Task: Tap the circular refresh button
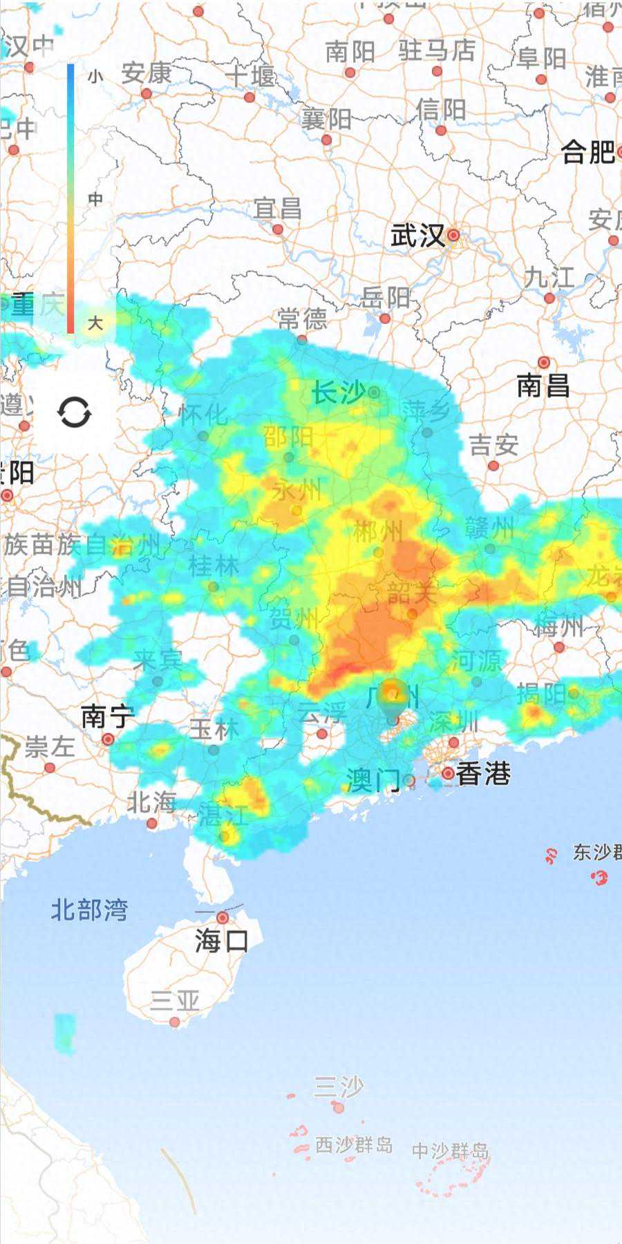pyautogui.click(x=74, y=413)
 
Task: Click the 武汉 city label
pyautogui.click(x=417, y=236)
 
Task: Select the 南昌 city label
pyautogui.click(x=543, y=386)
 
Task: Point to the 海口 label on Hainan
pyautogui.click(x=221, y=941)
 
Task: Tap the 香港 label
pyautogui.click(x=483, y=774)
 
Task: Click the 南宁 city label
pyautogui.click(x=107, y=717)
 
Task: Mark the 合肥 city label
pyautogui.click(x=587, y=152)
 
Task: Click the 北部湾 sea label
pyautogui.click(x=90, y=910)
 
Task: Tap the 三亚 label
pyautogui.click(x=175, y=1000)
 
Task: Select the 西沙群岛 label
pyautogui.click(x=354, y=1145)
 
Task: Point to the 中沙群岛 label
pyautogui.click(x=451, y=1151)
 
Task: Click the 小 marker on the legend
pyautogui.click(x=95, y=76)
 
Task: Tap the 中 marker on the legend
pyautogui.click(x=95, y=200)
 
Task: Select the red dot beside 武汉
pyautogui.click(x=453, y=236)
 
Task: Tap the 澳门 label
pyautogui.click(x=373, y=781)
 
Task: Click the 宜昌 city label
pyautogui.click(x=278, y=207)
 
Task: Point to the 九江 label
pyautogui.click(x=549, y=278)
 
